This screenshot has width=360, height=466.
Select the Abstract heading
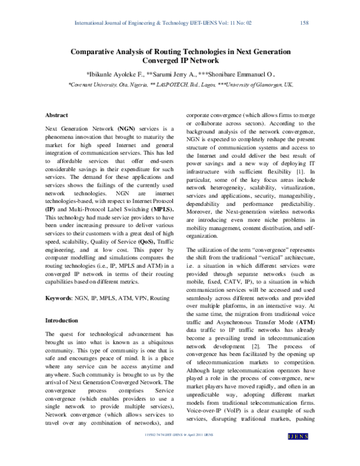(57, 115)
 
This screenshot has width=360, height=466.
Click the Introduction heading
(62, 321)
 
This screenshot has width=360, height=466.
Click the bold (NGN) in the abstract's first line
(127, 129)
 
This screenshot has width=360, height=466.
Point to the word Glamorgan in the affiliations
(271, 86)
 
